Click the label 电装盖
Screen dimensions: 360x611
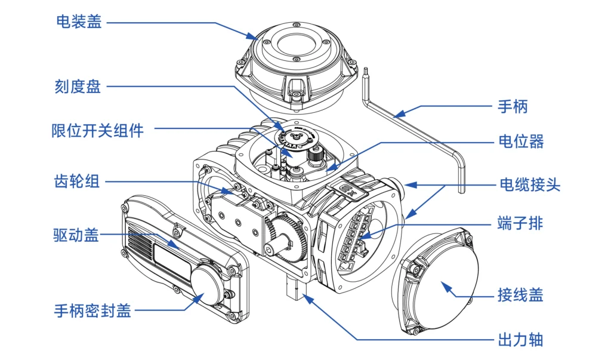coord(79,22)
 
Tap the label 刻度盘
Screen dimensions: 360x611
coord(79,87)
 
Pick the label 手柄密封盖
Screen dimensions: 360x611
coord(92,311)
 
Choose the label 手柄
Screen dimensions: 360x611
coord(513,107)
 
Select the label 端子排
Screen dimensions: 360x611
coord(520,224)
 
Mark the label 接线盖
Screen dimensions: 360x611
coord(520,295)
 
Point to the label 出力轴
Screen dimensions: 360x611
coord(520,340)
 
